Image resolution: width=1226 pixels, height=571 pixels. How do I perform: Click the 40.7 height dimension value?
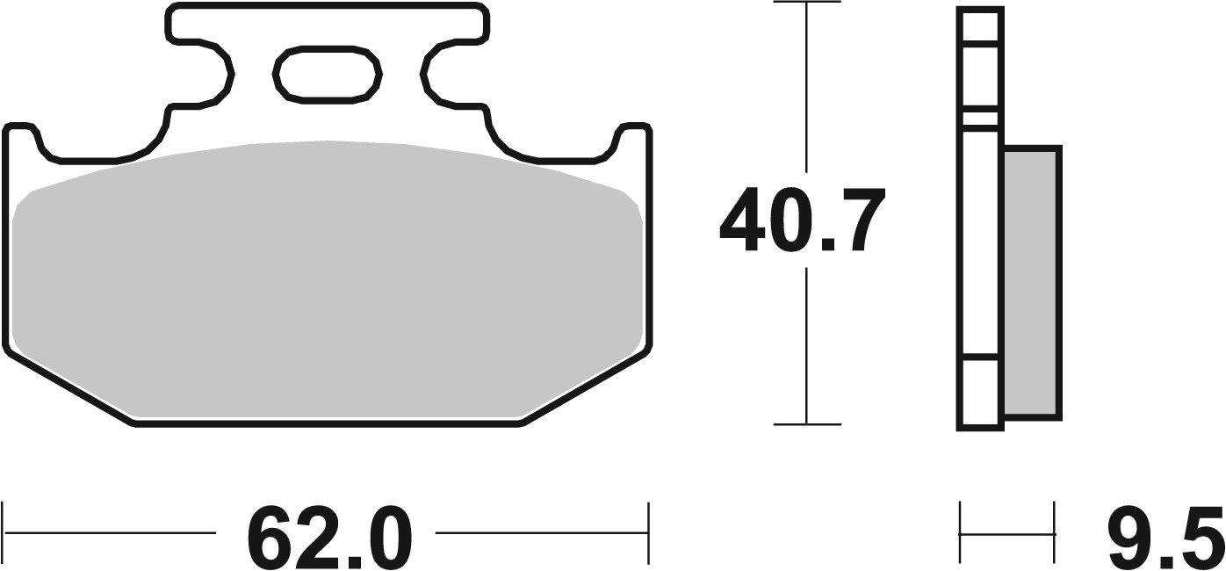(800, 221)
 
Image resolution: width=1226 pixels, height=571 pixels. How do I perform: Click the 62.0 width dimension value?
(329, 535)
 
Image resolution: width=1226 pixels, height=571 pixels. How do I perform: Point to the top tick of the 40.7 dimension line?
(806, 4)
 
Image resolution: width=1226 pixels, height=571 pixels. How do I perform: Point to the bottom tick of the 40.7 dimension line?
(806, 424)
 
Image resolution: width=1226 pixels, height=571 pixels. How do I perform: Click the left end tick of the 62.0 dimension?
(4, 531)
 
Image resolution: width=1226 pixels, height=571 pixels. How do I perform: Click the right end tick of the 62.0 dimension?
(648, 531)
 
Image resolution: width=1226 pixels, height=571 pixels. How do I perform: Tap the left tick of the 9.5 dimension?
(961, 531)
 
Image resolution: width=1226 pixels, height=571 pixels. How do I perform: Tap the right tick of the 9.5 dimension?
(1054, 531)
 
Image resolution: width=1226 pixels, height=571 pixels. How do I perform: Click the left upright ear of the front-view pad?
(22, 141)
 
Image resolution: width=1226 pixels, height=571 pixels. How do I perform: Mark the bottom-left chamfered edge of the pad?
(70, 391)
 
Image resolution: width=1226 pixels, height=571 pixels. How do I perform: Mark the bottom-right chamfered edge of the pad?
(587, 391)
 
